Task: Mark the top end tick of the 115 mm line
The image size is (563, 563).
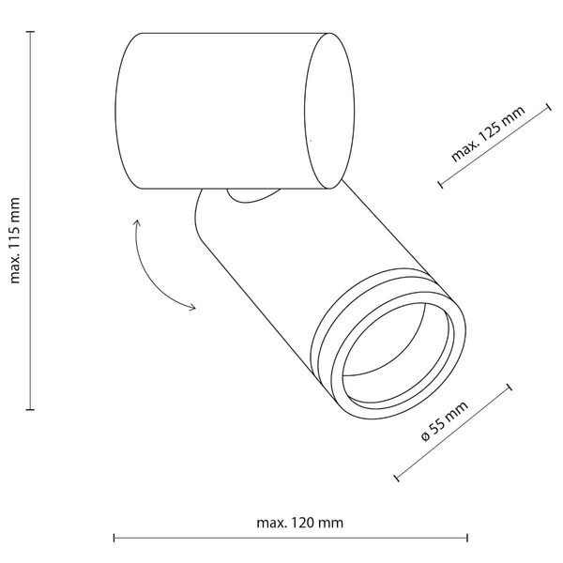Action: click(31, 32)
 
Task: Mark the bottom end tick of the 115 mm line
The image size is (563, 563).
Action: click(31, 410)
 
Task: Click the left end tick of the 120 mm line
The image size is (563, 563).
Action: click(114, 538)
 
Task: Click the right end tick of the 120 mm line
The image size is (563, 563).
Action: click(466, 538)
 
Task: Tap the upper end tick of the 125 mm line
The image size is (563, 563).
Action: click(547, 106)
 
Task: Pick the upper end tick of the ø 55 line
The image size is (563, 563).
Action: click(510, 388)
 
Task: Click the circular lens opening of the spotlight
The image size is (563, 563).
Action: click(399, 352)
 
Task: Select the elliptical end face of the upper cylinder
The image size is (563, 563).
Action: click(330, 111)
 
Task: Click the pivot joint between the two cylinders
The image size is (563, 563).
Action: click(251, 195)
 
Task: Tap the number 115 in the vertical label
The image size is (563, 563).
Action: click(16, 237)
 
